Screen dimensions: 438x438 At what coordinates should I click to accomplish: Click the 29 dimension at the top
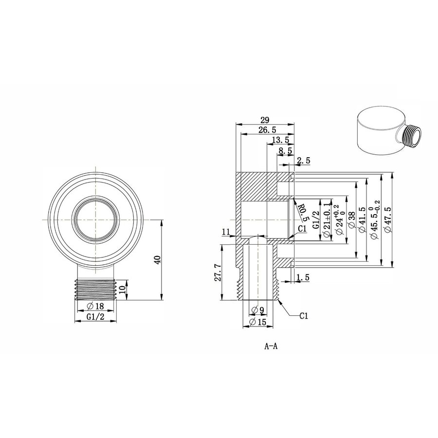click(x=265, y=119)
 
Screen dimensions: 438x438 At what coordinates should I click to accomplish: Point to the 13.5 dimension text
click(x=280, y=140)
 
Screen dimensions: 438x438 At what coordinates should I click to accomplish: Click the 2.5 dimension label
click(x=303, y=161)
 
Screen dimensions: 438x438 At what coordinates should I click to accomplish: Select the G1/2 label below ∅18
click(x=95, y=317)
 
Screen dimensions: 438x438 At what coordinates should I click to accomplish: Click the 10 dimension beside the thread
click(x=123, y=290)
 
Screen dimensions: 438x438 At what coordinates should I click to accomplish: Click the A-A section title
click(x=271, y=347)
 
